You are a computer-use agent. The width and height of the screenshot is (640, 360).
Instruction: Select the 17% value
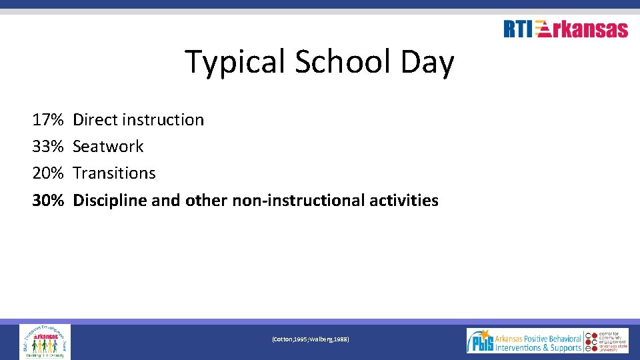48,120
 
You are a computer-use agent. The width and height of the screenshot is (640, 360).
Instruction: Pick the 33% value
48,147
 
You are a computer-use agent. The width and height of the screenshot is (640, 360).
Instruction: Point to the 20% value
48,173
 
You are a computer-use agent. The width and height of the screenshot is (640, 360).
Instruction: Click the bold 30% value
48,200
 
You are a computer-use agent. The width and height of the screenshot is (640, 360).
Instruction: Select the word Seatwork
108,147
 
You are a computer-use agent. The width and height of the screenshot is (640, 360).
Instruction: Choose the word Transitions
114,173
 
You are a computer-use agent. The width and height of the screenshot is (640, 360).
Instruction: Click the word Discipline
110,200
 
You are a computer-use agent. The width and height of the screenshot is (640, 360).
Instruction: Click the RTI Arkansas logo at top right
565,29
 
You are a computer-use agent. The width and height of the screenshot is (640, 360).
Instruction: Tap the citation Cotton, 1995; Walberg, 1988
310,340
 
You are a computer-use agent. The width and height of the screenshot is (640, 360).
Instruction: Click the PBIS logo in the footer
524,341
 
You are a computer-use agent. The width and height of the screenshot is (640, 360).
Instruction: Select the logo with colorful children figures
45,341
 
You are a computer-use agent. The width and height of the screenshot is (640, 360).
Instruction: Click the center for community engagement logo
607,341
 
